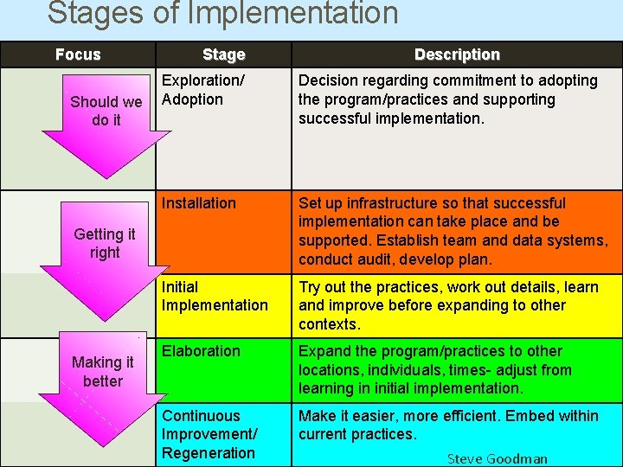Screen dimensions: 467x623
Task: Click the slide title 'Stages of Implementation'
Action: click(222, 14)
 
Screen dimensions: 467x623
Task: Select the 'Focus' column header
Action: click(78, 54)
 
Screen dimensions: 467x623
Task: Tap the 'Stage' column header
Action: click(223, 54)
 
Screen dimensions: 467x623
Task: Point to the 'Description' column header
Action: click(457, 54)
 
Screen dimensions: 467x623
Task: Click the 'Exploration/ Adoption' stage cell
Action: click(203, 90)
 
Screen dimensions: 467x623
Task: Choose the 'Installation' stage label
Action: click(199, 203)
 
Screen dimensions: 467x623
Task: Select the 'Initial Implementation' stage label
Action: click(215, 296)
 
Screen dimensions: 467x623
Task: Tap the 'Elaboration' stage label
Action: click(201, 351)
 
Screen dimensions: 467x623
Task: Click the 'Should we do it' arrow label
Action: click(106, 111)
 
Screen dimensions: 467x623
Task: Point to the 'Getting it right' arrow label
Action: click(105, 243)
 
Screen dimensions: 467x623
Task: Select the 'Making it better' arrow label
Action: click(103, 372)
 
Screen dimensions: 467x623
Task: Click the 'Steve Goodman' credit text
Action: click(497, 458)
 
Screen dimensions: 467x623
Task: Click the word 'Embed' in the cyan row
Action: click(530, 416)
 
